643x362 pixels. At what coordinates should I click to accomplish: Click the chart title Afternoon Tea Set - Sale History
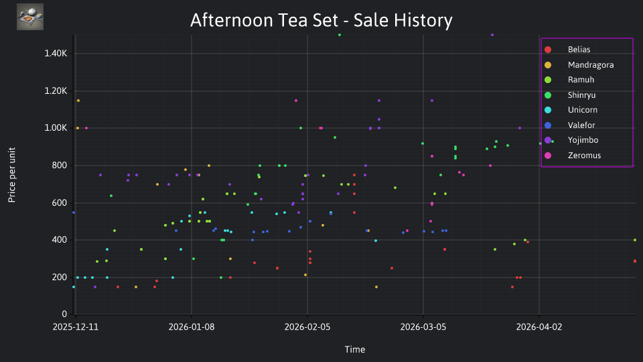click(321, 20)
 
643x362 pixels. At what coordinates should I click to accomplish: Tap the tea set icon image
click(30, 17)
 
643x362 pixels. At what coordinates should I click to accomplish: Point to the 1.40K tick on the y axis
click(56, 54)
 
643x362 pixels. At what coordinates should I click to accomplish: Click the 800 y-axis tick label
click(59, 166)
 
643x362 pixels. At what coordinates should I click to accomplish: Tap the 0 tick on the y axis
click(64, 314)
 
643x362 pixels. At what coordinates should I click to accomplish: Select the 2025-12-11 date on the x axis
click(76, 327)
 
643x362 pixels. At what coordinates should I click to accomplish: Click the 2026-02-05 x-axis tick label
click(307, 327)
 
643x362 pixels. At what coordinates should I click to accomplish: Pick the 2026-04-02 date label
click(539, 327)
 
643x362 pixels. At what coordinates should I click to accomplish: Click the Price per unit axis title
click(12, 175)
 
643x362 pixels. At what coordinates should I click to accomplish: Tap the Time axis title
click(355, 350)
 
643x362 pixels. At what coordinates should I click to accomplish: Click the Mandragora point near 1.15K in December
click(78, 101)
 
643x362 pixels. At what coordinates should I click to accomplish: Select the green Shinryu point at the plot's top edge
click(340, 35)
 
